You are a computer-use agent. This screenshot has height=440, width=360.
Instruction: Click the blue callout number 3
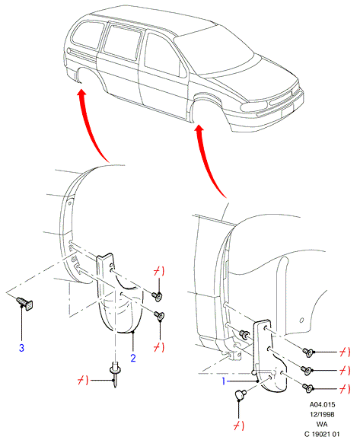coord(21,348)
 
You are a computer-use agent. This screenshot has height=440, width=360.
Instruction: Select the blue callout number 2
coord(133,358)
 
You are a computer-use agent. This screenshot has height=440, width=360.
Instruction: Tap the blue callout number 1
coord(224,381)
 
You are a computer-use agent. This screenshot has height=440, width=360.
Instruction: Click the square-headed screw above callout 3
coord(25,303)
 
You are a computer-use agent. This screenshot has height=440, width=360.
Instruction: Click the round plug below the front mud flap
coord(240,394)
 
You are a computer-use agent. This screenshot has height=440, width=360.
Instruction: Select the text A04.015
coord(322,404)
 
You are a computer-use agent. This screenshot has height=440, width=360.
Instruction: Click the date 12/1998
coord(322,414)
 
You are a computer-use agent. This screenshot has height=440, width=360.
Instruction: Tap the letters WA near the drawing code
coord(322,424)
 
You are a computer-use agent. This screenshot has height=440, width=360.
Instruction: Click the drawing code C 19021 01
coord(322,434)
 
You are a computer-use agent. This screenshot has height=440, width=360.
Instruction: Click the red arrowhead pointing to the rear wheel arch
coord(81,93)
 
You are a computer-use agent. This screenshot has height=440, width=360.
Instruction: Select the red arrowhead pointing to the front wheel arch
coord(199,129)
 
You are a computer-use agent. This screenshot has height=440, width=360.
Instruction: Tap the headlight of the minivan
coord(253,106)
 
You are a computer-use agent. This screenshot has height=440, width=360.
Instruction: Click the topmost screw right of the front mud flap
coord(308,352)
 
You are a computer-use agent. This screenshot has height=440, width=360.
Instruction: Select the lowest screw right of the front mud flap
coord(308,388)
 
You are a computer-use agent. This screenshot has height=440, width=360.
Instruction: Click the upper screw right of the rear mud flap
coord(157,296)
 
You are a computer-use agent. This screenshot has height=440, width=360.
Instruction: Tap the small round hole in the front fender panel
coord(301,320)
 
